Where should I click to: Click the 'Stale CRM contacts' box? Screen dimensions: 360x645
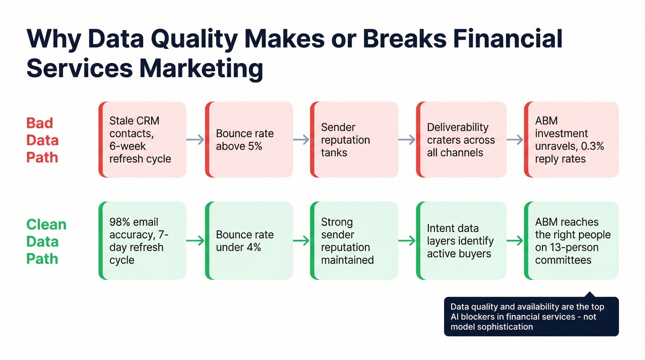[142, 140]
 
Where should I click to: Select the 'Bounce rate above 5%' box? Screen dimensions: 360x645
[249, 140]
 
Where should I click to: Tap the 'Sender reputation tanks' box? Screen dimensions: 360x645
[354, 140]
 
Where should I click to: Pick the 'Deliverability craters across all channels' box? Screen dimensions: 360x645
[461, 140]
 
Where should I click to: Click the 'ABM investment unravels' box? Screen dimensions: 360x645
[571, 140]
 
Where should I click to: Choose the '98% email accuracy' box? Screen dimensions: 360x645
[142, 241]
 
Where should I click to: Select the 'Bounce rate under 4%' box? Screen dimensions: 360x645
[249, 241]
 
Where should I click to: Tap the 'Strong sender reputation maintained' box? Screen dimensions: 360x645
[354, 241]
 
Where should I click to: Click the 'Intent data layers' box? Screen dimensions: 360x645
[461, 241]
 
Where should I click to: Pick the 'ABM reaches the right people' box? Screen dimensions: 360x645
[571, 241]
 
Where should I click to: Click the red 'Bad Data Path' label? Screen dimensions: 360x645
[42, 140]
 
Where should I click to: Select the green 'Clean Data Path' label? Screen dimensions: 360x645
[46, 242]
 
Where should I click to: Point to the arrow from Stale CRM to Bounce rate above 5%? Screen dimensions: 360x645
[195, 140]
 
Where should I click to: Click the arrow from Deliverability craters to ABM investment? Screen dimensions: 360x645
[515, 140]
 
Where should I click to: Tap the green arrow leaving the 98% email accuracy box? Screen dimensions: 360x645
[195, 241]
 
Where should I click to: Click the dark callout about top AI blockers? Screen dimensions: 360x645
[531, 317]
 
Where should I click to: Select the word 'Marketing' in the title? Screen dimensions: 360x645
[201, 69]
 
